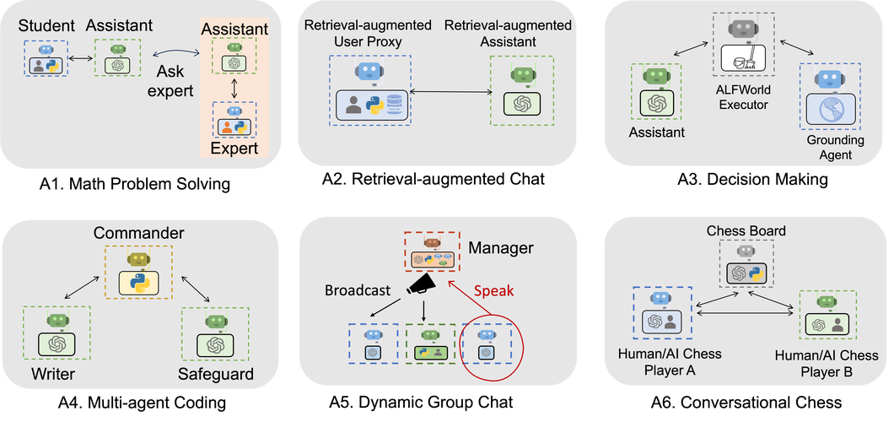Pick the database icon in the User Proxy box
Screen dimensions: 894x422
(x=394, y=105)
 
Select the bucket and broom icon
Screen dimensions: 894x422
(x=744, y=59)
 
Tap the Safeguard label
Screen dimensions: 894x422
(x=215, y=375)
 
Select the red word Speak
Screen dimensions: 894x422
(x=493, y=290)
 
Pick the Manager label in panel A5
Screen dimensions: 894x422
(x=501, y=248)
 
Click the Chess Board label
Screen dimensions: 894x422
(x=746, y=231)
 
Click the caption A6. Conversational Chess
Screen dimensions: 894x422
(x=746, y=402)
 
